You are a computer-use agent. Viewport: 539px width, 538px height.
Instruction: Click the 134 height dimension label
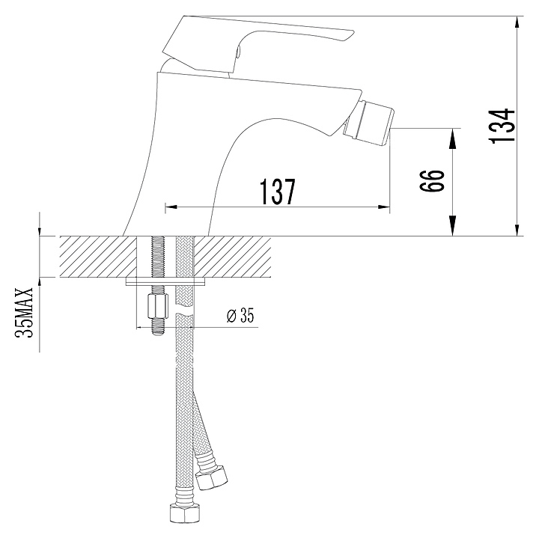(502, 126)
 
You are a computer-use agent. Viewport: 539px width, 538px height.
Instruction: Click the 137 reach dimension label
(278, 192)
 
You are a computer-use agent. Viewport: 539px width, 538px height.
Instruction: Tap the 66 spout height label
(433, 181)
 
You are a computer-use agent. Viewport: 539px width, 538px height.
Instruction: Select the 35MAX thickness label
(24, 313)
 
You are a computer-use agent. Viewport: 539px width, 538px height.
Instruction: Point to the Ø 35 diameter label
(240, 315)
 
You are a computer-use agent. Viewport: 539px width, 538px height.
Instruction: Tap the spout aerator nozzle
(370, 122)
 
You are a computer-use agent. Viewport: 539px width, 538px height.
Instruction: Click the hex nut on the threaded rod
(158, 306)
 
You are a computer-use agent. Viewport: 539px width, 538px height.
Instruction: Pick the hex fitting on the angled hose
(211, 476)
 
